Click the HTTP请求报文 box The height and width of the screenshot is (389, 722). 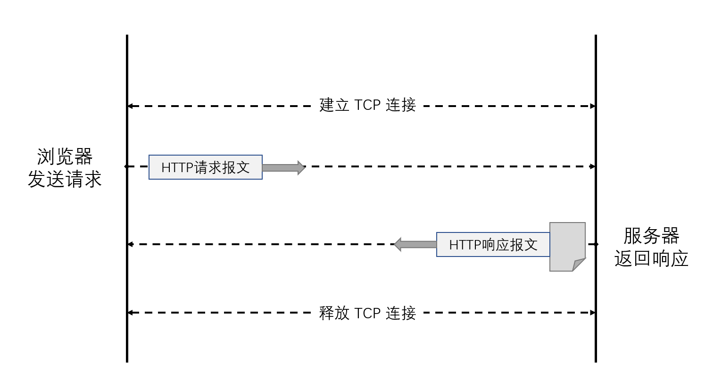206,167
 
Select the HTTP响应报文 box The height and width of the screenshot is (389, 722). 493,245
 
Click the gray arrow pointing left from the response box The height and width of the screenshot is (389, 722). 415,244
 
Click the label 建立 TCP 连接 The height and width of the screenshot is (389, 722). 367,105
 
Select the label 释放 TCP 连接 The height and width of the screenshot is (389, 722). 367,313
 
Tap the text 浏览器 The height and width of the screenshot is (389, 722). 65,157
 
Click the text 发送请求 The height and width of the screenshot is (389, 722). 65,180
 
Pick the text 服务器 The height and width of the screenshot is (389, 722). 651,236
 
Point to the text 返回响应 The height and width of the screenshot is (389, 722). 651,259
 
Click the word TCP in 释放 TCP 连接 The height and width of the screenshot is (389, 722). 367,313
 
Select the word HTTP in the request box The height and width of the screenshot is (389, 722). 177,167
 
